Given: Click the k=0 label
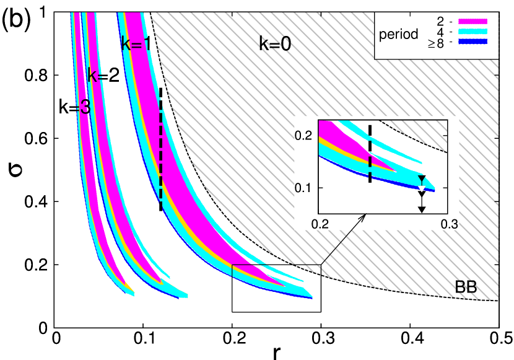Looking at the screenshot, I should [x=274, y=43].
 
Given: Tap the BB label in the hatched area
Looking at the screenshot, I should [x=466, y=287].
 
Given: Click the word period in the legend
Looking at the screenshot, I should [x=399, y=34].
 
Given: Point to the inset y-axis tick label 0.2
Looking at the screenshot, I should [x=303, y=135].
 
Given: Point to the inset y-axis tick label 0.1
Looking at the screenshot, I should [x=303, y=187].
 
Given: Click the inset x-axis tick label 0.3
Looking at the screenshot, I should [x=449, y=224].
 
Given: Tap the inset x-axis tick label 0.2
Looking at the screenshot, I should [x=320, y=224].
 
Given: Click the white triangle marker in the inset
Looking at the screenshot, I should [x=422, y=188].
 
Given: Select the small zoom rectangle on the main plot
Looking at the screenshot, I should [x=276, y=271].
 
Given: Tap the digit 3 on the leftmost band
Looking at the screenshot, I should [x=85, y=108].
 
